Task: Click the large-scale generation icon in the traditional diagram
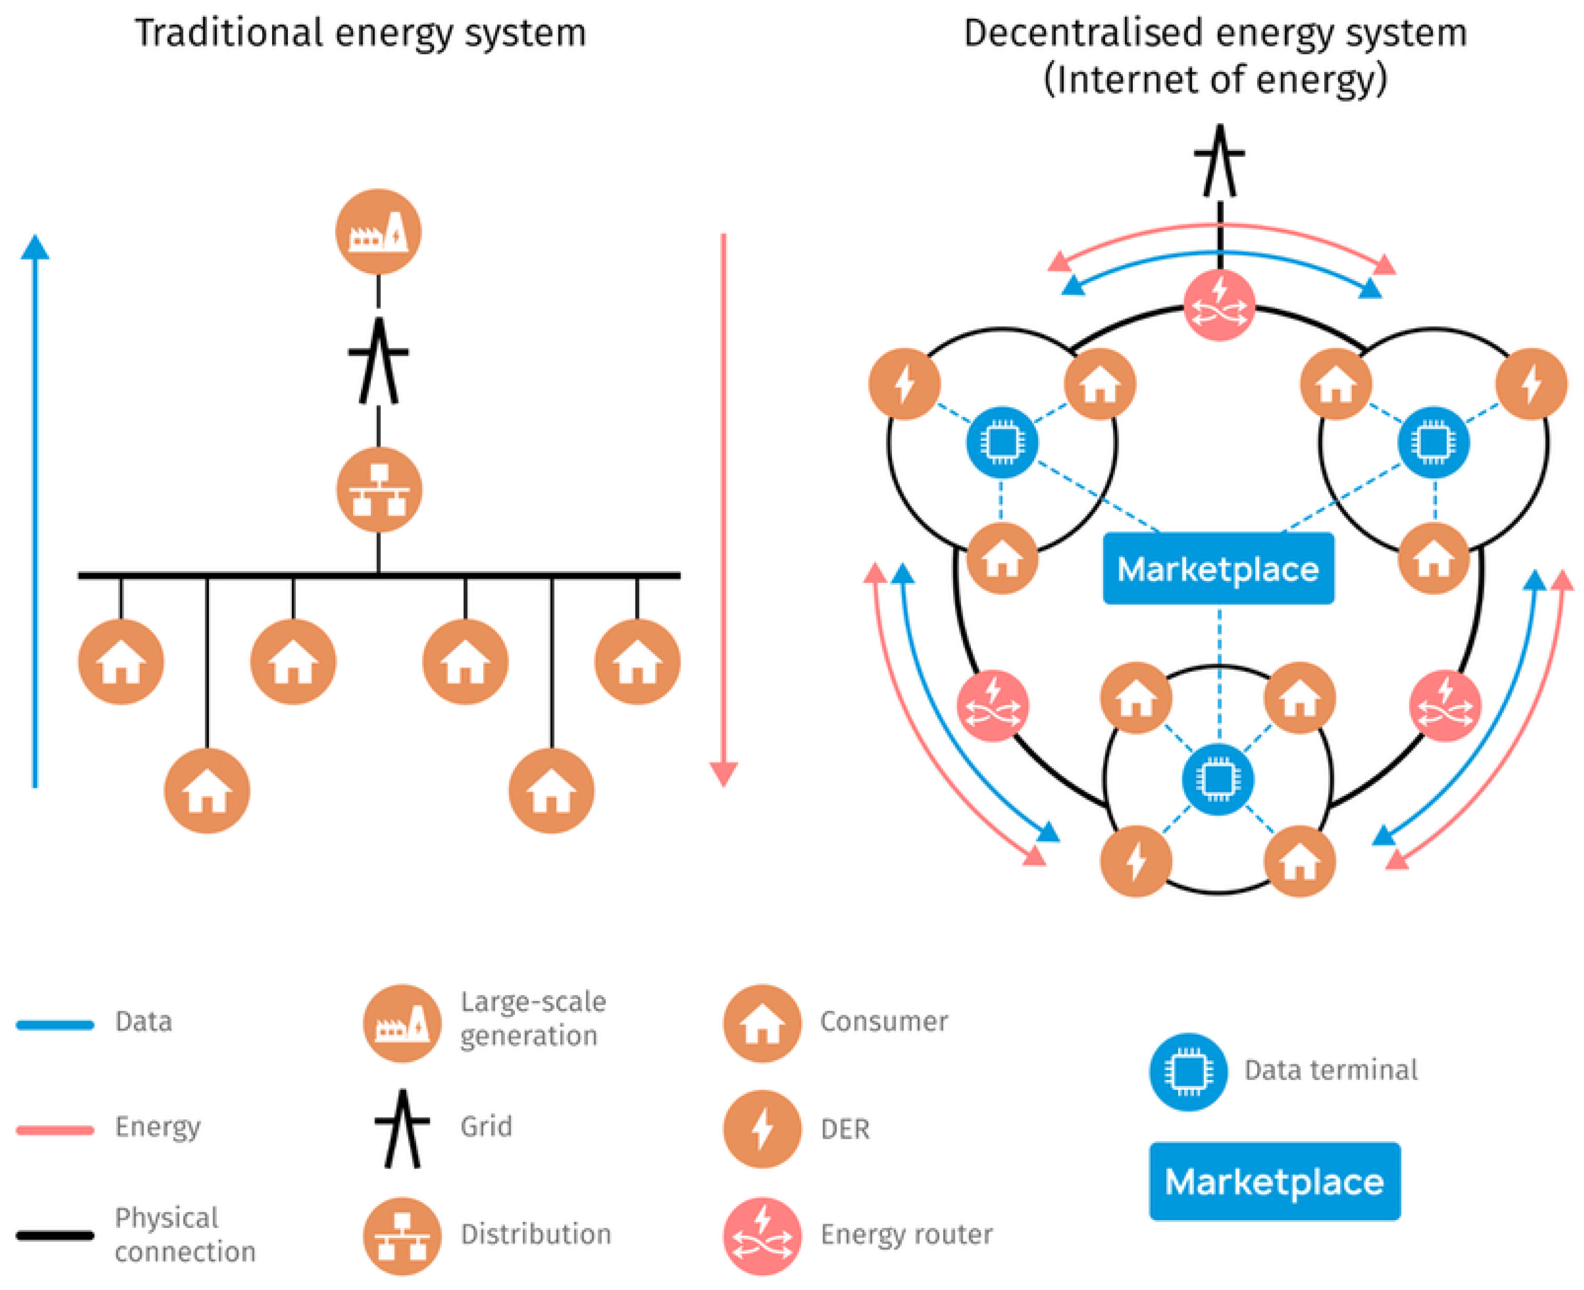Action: [x=378, y=232]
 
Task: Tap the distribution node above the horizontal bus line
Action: [x=379, y=490]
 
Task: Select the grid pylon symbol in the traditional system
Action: [x=378, y=361]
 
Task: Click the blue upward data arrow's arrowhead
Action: [x=35, y=248]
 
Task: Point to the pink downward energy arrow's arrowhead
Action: [x=723, y=773]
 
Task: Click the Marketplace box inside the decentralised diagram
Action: [x=1218, y=568]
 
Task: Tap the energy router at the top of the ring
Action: [x=1218, y=306]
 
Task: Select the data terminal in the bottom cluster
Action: [x=1217, y=780]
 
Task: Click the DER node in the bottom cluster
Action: [x=1135, y=861]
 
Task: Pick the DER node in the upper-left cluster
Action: [x=904, y=384]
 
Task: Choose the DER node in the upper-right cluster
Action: [x=1531, y=384]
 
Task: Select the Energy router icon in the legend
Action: [x=761, y=1236]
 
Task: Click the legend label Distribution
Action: [x=536, y=1234]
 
